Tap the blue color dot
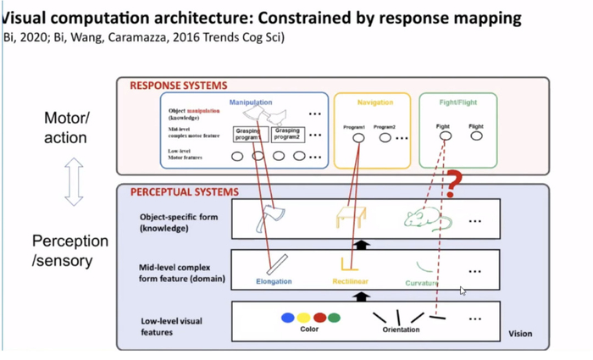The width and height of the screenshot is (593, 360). (288, 318)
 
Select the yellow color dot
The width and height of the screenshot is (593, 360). (304, 318)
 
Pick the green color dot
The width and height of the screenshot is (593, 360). (335, 318)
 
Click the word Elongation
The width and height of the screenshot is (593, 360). (274, 280)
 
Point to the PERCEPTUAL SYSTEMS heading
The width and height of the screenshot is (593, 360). (184, 192)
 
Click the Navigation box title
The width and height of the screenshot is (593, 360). (374, 102)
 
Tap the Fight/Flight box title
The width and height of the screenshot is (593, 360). (459, 102)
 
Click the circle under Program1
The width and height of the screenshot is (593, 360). (358, 138)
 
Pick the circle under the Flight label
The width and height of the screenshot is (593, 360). (476, 136)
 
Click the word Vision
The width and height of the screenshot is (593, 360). (520, 334)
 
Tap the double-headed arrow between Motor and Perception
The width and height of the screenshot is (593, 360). (74, 181)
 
